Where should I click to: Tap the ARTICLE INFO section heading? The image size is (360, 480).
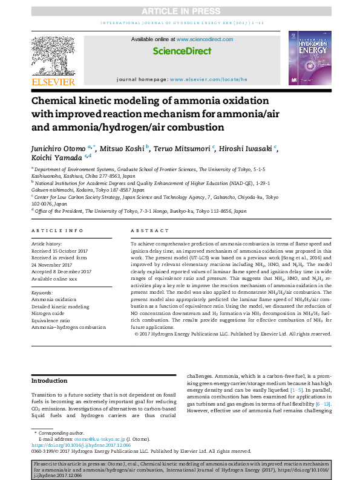point(57,230)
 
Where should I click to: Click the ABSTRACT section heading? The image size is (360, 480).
point(149,230)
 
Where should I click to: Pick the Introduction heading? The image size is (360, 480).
point(50,381)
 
